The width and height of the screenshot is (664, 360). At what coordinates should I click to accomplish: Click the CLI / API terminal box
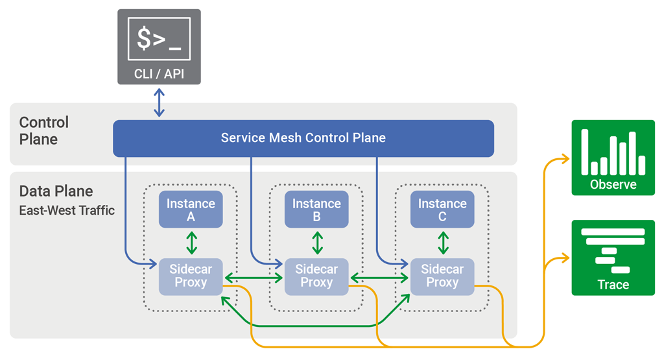pyautogui.click(x=159, y=47)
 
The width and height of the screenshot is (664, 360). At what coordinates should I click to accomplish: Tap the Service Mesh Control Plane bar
pyautogui.click(x=303, y=138)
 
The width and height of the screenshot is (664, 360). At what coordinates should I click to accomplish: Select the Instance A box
pyautogui.click(x=190, y=210)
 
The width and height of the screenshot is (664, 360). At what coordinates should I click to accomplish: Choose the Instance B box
pyautogui.click(x=316, y=210)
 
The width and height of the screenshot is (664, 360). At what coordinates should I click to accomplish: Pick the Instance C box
pyautogui.click(x=442, y=210)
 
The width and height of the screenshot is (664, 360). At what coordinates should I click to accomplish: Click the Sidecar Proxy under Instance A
pyautogui.click(x=190, y=276)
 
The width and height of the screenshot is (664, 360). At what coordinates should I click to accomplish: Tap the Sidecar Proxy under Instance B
pyautogui.click(x=316, y=276)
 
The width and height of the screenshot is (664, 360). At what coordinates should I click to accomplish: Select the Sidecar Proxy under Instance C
pyautogui.click(x=442, y=276)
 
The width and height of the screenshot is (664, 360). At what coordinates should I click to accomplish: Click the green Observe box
pyautogui.click(x=613, y=158)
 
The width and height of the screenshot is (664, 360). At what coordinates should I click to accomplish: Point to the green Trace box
pyautogui.click(x=613, y=258)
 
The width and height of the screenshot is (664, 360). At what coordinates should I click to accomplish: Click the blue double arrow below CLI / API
pyautogui.click(x=160, y=102)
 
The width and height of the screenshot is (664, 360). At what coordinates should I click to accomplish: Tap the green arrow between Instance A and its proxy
pyautogui.click(x=191, y=243)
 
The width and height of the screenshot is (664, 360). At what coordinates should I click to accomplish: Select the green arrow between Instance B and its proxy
pyautogui.click(x=317, y=243)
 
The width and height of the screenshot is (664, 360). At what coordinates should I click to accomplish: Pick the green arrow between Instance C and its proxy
pyautogui.click(x=443, y=243)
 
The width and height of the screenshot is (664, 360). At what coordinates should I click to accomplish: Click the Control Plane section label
pyautogui.click(x=43, y=130)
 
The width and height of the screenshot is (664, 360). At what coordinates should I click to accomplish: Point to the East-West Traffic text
pyautogui.click(x=67, y=210)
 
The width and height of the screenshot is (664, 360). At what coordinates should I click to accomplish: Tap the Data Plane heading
pyautogui.click(x=56, y=191)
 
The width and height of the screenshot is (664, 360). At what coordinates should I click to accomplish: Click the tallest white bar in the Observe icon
pyautogui.click(x=584, y=152)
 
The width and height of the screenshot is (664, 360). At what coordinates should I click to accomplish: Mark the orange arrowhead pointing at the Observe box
pyautogui.click(x=565, y=159)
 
